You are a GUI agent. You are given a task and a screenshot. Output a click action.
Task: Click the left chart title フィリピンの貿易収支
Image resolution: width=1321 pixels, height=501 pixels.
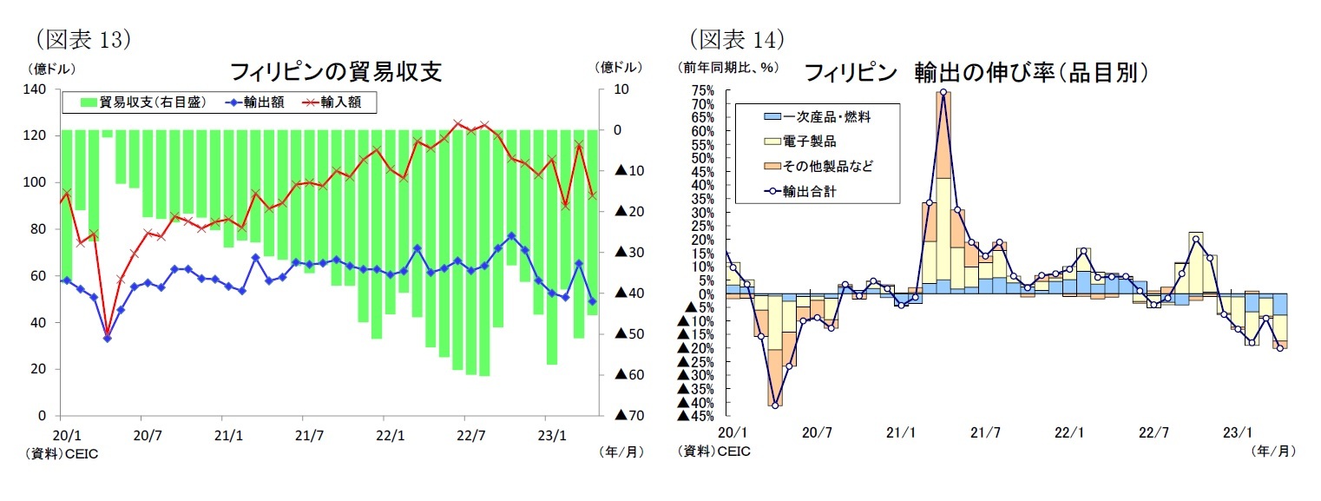pos(336,72)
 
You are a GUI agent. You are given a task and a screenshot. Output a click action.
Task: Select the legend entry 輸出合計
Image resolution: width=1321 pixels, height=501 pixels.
pos(809,189)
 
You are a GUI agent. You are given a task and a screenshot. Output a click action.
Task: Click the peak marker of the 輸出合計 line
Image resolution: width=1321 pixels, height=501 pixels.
pos(943,92)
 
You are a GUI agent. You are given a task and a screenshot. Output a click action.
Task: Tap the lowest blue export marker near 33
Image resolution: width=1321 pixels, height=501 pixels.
pos(108,338)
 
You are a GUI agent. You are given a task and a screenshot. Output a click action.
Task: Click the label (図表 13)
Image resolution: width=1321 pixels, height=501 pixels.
pos(82,39)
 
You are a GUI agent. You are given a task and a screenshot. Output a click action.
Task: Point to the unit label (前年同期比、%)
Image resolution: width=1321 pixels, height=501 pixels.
pos(728,66)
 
